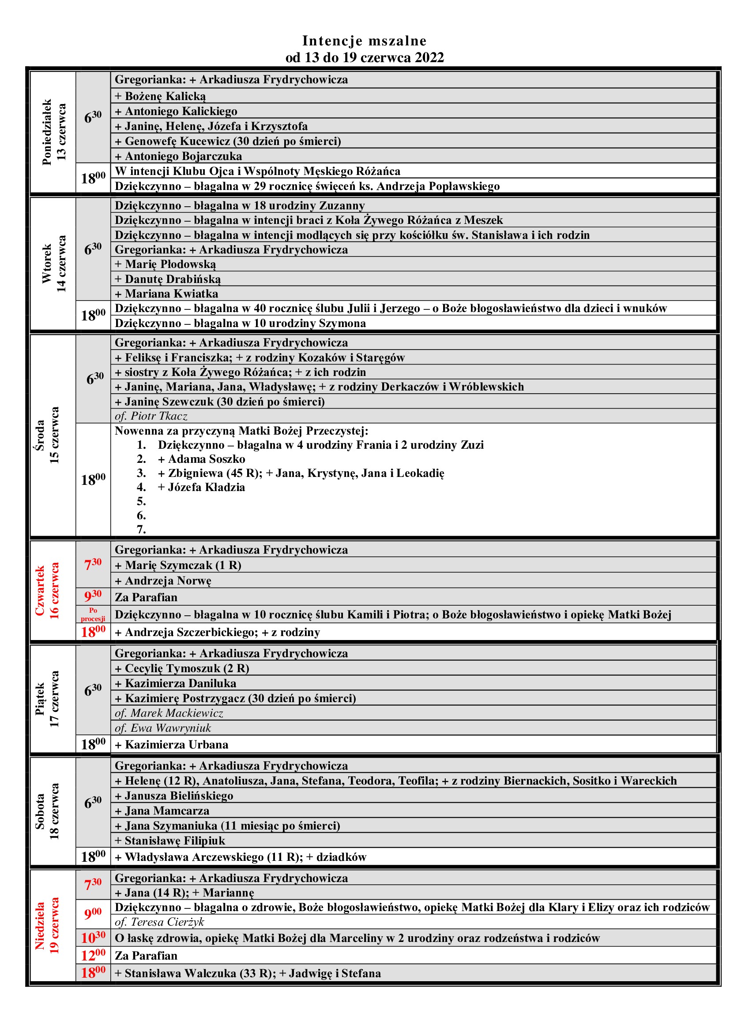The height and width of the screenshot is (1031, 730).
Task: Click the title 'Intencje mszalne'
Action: coord(364,41)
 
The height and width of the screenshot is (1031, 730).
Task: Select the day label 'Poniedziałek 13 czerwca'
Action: coord(53,132)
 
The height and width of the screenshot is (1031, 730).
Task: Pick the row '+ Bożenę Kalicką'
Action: coord(161,96)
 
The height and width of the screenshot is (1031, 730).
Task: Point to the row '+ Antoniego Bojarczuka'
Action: coord(178,156)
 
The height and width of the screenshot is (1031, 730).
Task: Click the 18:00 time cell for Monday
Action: coord(93,178)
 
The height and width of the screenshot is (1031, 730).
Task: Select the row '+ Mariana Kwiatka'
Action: coord(166,294)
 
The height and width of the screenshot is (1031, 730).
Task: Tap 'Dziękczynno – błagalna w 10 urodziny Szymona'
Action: coord(240,323)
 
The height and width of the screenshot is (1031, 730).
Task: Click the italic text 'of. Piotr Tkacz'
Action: coord(151,416)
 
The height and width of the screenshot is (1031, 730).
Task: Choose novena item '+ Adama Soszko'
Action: coord(201,459)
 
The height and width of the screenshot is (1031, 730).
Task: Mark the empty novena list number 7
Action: coord(141,529)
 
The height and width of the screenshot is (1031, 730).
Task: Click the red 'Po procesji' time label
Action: coord(93,614)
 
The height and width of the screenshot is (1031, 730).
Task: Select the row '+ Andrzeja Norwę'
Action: coord(163,581)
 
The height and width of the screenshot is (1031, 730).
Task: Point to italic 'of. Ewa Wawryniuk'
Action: coord(163,728)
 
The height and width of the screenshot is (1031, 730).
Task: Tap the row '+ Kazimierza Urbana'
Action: coord(172,745)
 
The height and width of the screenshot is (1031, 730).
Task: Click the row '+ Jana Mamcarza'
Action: coord(162,811)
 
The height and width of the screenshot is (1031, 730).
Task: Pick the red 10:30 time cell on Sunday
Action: coord(93,938)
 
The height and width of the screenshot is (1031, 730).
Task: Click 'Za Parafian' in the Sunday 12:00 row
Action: coord(146,956)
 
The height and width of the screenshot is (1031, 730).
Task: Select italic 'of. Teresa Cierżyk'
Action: coord(160,922)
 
